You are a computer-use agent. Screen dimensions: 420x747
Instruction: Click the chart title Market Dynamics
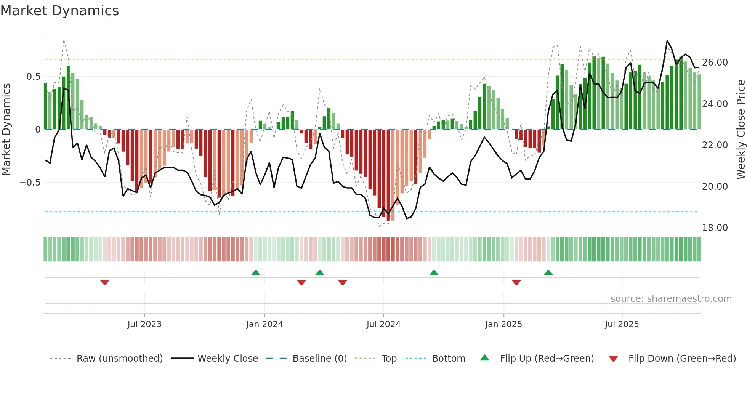(59, 11)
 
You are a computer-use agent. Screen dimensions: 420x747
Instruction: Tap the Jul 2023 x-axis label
(144, 324)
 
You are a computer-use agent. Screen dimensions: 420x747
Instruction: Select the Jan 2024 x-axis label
(264, 324)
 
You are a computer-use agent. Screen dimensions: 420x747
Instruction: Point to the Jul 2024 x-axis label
(383, 324)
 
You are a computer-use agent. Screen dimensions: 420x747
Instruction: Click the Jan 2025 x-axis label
(503, 324)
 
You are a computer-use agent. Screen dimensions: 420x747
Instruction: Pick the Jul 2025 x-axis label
(622, 324)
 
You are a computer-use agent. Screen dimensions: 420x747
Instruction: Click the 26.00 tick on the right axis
(715, 63)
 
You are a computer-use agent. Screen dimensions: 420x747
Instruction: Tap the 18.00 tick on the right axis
(715, 228)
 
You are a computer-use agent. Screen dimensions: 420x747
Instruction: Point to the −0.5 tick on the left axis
(30, 183)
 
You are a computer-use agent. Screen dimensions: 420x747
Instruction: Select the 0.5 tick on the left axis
(33, 77)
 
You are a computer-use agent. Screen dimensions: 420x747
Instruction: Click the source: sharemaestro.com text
(671, 299)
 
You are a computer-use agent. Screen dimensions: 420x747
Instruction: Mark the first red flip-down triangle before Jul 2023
(105, 282)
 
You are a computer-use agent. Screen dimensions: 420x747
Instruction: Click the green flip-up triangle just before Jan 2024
(256, 273)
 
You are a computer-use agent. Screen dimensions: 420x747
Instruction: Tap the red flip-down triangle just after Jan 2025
(516, 282)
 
